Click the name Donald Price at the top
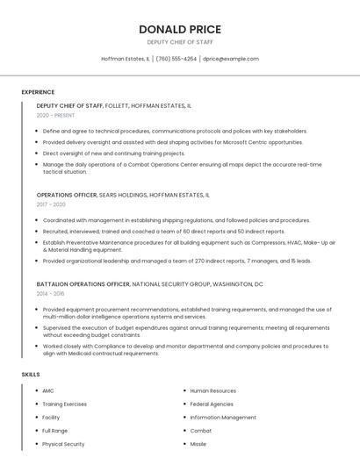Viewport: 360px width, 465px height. click(180, 29)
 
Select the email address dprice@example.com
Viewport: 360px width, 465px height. click(231, 59)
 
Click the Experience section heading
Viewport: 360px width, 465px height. click(38, 91)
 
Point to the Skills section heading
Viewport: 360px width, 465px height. click(31, 375)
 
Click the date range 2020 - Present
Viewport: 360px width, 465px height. click(55, 115)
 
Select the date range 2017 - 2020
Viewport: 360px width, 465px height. click(51, 204)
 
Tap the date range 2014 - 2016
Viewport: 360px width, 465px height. click(51, 294)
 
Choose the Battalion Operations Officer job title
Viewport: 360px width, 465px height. click(83, 284)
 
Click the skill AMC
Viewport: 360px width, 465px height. click(48, 390)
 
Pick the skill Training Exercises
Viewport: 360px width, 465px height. click(65, 404)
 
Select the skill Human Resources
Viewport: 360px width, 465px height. click(213, 390)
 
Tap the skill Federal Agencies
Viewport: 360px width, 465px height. click(212, 404)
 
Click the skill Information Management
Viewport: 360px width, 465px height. click(223, 418)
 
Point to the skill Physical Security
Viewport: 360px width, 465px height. click(63, 444)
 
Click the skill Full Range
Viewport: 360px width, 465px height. click(54, 431)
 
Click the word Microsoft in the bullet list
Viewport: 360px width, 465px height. click(220, 142)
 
